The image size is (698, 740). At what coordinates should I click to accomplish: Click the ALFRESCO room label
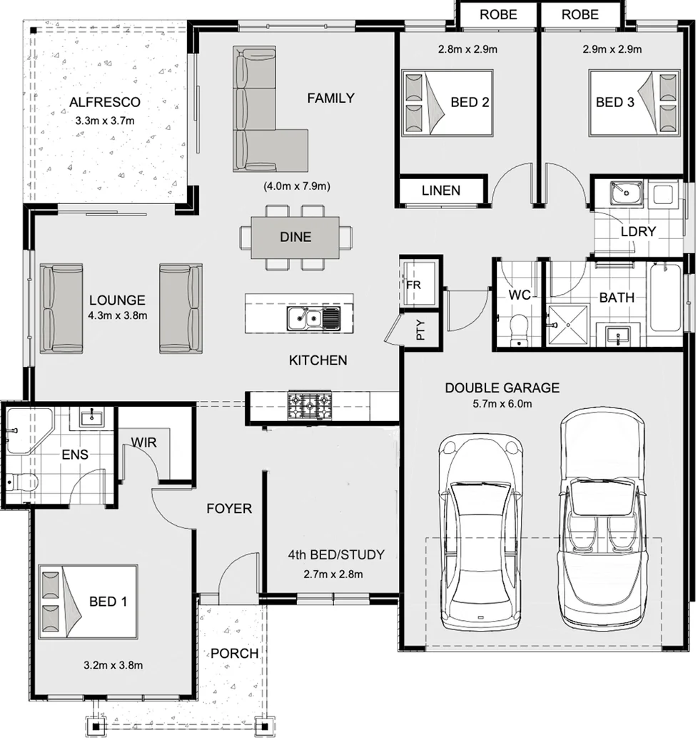104,103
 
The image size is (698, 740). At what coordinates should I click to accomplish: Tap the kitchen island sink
314,318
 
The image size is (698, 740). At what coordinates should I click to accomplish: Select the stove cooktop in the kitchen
309,406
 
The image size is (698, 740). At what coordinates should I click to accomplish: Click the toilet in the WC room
518,329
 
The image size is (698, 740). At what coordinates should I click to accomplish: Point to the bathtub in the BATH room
665,298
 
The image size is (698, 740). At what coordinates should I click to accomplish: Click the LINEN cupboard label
440,191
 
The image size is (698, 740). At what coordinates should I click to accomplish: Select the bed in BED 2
447,102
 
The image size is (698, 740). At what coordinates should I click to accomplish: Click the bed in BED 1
88,602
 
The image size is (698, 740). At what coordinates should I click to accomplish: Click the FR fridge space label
413,283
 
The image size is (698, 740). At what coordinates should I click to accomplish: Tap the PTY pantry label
420,331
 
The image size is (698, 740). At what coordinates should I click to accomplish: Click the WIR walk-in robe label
143,443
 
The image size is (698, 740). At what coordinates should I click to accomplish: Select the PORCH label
234,653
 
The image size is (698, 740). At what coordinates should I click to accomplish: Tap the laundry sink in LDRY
627,193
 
